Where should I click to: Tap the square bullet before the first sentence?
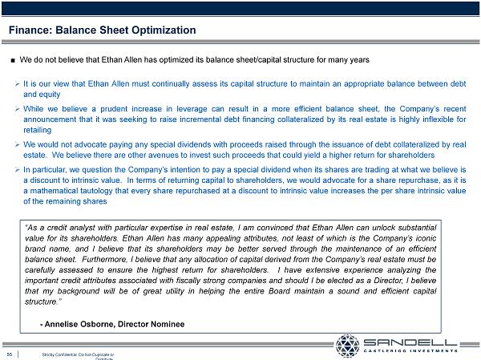[x=13, y=60]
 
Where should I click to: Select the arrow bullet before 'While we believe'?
[x=17, y=106]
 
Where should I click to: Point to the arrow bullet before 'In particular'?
[x=17, y=170]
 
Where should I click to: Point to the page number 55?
[x=10, y=354]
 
